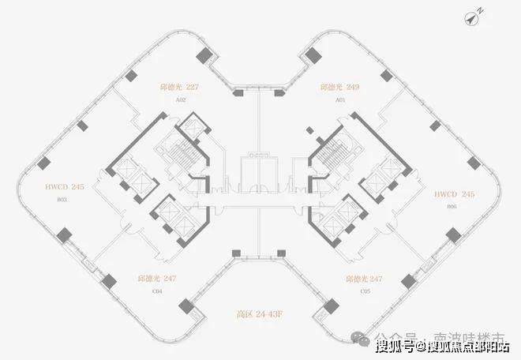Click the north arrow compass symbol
click(476, 14)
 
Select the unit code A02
click(180, 100)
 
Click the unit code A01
click(340, 100)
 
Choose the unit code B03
click(62, 201)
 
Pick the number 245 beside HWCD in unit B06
click(467, 192)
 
